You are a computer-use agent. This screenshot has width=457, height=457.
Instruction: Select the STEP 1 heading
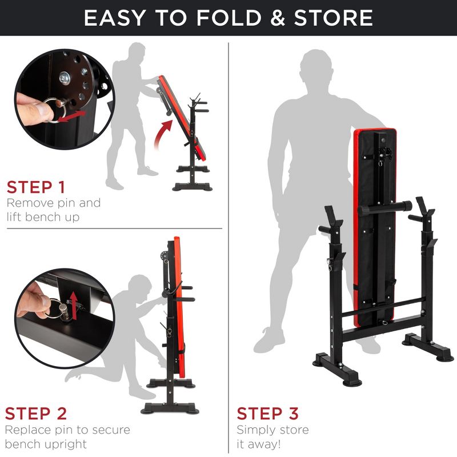point(35,187)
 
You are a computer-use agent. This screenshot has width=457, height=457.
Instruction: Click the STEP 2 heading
point(36,413)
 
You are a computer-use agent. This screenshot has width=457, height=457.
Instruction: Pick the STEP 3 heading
point(267,413)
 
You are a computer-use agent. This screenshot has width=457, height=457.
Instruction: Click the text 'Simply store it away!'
point(273,437)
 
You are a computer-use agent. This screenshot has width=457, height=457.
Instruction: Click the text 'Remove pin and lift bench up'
point(53,210)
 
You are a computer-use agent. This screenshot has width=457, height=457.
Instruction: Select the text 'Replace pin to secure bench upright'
point(67,436)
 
